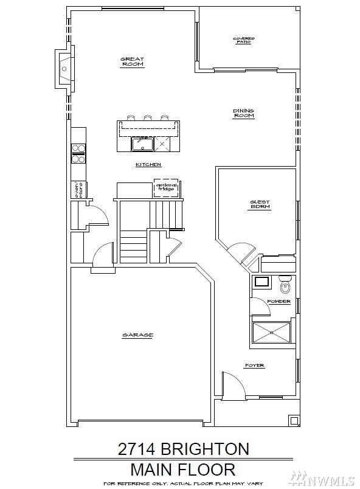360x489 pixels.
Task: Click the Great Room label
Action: [x=133, y=61]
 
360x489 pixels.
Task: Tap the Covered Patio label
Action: [x=244, y=40]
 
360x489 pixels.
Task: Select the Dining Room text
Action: [x=243, y=114]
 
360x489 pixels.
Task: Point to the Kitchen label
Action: [x=148, y=165]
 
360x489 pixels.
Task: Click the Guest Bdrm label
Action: [x=260, y=204]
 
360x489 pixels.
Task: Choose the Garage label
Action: [x=137, y=335]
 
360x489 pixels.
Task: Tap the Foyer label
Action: [x=254, y=366]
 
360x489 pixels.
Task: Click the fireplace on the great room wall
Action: [x=64, y=69]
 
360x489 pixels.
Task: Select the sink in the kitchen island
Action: [x=142, y=144]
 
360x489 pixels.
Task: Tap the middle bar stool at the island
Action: [x=147, y=117]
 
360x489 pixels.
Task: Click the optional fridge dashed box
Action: [x=166, y=188]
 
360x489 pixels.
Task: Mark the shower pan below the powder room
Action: [x=271, y=331]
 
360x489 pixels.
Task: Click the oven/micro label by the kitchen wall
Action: [x=78, y=190]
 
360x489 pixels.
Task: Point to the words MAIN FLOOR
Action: [x=183, y=470]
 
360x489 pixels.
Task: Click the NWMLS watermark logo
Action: [x=328, y=478]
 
